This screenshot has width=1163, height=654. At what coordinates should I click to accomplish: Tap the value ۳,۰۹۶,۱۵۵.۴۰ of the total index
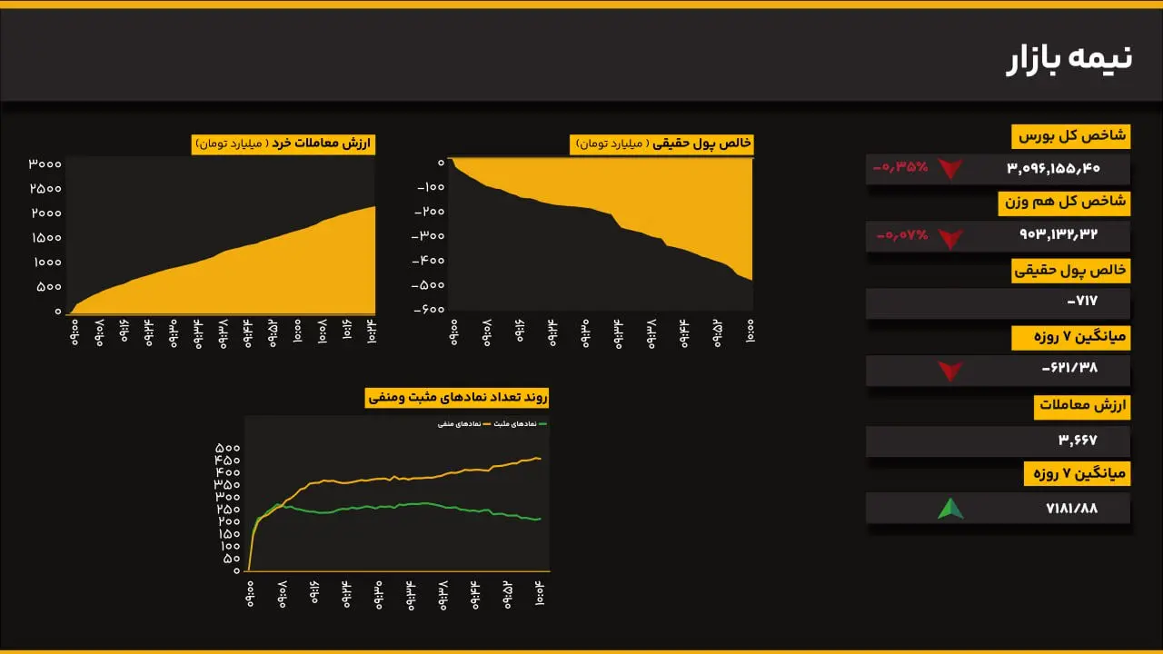point(1053,168)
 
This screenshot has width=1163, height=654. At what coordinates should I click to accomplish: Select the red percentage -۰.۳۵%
point(900,167)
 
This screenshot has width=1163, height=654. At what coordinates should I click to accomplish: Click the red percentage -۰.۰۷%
point(902,235)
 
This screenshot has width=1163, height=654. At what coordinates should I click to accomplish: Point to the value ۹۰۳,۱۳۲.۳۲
point(1059,235)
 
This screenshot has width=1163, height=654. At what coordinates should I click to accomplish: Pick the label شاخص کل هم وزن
point(1063,203)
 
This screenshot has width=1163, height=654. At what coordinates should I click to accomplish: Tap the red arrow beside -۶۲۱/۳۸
point(949,371)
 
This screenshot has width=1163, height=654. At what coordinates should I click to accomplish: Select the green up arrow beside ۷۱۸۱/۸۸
point(950,509)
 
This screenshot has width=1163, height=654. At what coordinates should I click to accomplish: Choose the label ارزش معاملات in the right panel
point(1081,407)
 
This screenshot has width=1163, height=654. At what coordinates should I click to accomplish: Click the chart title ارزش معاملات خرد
point(283,144)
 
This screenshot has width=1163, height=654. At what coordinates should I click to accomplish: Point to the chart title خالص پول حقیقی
point(661,144)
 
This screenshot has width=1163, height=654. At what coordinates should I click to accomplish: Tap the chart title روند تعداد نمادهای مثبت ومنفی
point(457,398)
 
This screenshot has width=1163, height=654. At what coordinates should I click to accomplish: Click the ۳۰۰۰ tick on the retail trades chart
point(45,164)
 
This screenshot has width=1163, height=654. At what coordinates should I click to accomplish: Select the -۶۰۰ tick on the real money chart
point(428,309)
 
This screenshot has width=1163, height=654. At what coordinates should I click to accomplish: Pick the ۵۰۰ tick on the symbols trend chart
point(227,449)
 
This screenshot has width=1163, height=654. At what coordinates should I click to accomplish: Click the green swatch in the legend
point(542,424)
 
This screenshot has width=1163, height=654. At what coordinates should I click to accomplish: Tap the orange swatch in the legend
point(486,424)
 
